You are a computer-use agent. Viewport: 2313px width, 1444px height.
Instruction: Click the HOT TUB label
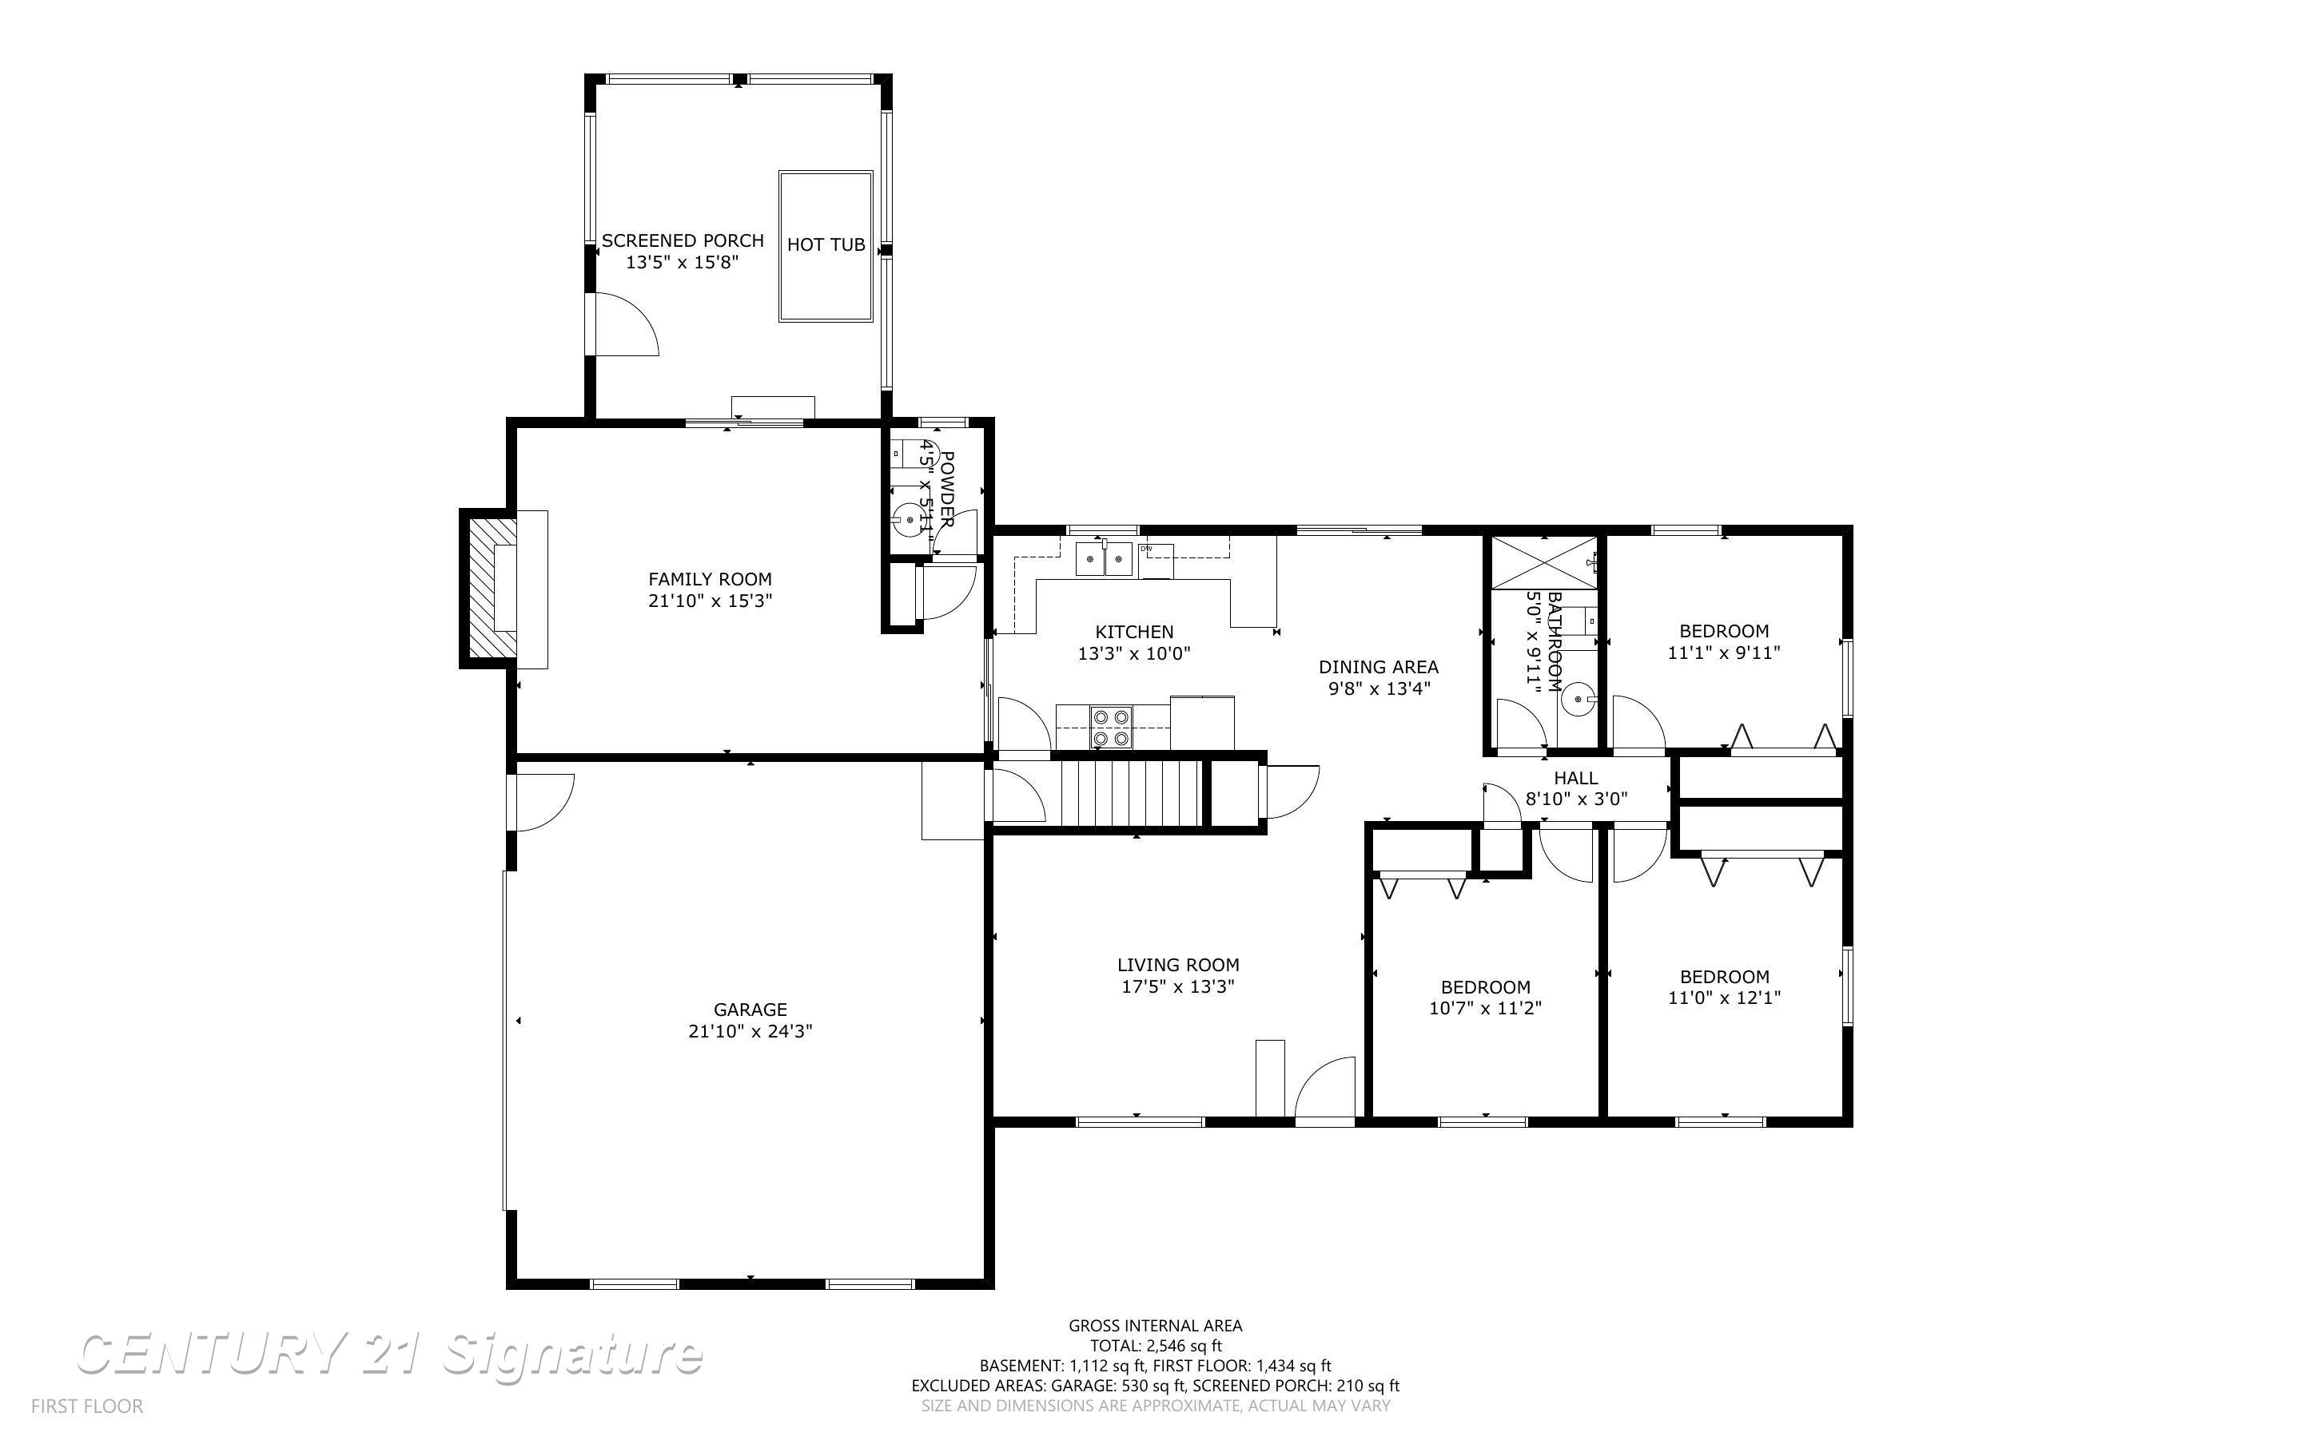(826, 244)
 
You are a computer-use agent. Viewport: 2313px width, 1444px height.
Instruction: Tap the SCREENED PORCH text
(682, 240)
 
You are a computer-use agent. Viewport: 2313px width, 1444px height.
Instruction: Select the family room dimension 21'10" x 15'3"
(710, 601)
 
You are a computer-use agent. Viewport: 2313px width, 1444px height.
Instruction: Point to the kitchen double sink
(1104, 559)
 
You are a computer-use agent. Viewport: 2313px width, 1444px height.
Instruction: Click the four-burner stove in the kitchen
(1112, 727)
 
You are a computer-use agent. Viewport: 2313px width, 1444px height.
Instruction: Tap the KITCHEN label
(1134, 631)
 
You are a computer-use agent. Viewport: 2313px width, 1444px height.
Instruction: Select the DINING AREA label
(1379, 667)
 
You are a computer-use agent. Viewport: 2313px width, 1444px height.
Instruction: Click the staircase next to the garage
(1130, 791)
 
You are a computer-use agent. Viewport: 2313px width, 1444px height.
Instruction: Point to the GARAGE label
(750, 1010)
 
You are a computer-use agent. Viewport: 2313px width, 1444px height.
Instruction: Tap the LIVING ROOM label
(1178, 965)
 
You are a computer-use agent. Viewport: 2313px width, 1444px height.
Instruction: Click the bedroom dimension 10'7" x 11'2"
(1486, 1008)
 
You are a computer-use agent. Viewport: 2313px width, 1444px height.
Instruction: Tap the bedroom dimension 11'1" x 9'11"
(1725, 653)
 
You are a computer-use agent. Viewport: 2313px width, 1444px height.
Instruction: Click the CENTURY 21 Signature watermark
(389, 1355)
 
